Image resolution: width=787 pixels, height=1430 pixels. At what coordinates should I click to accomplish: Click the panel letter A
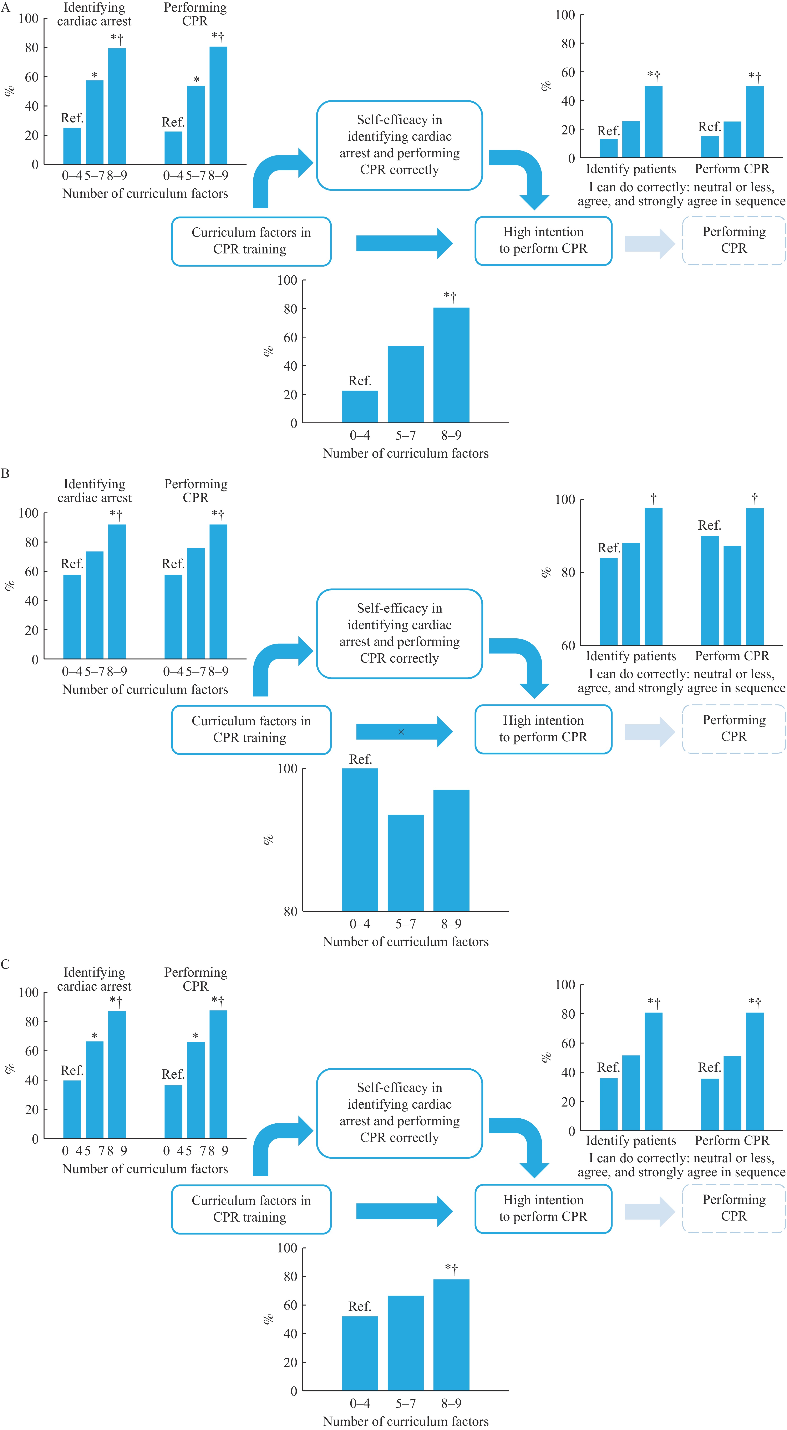pyautogui.click(x=6, y=8)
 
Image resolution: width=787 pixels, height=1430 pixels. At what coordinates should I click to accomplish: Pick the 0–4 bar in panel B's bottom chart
pyautogui.click(x=360, y=839)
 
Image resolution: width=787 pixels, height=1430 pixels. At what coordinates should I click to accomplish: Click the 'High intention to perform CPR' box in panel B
pyautogui.click(x=544, y=729)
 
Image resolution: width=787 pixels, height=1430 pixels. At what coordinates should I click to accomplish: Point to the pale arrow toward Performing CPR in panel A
pyautogui.click(x=649, y=243)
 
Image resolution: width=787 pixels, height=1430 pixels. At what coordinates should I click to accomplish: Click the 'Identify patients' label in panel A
pyautogui.click(x=631, y=169)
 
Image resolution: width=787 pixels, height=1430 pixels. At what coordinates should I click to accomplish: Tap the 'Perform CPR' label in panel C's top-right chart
pyautogui.click(x=732, y=1140)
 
